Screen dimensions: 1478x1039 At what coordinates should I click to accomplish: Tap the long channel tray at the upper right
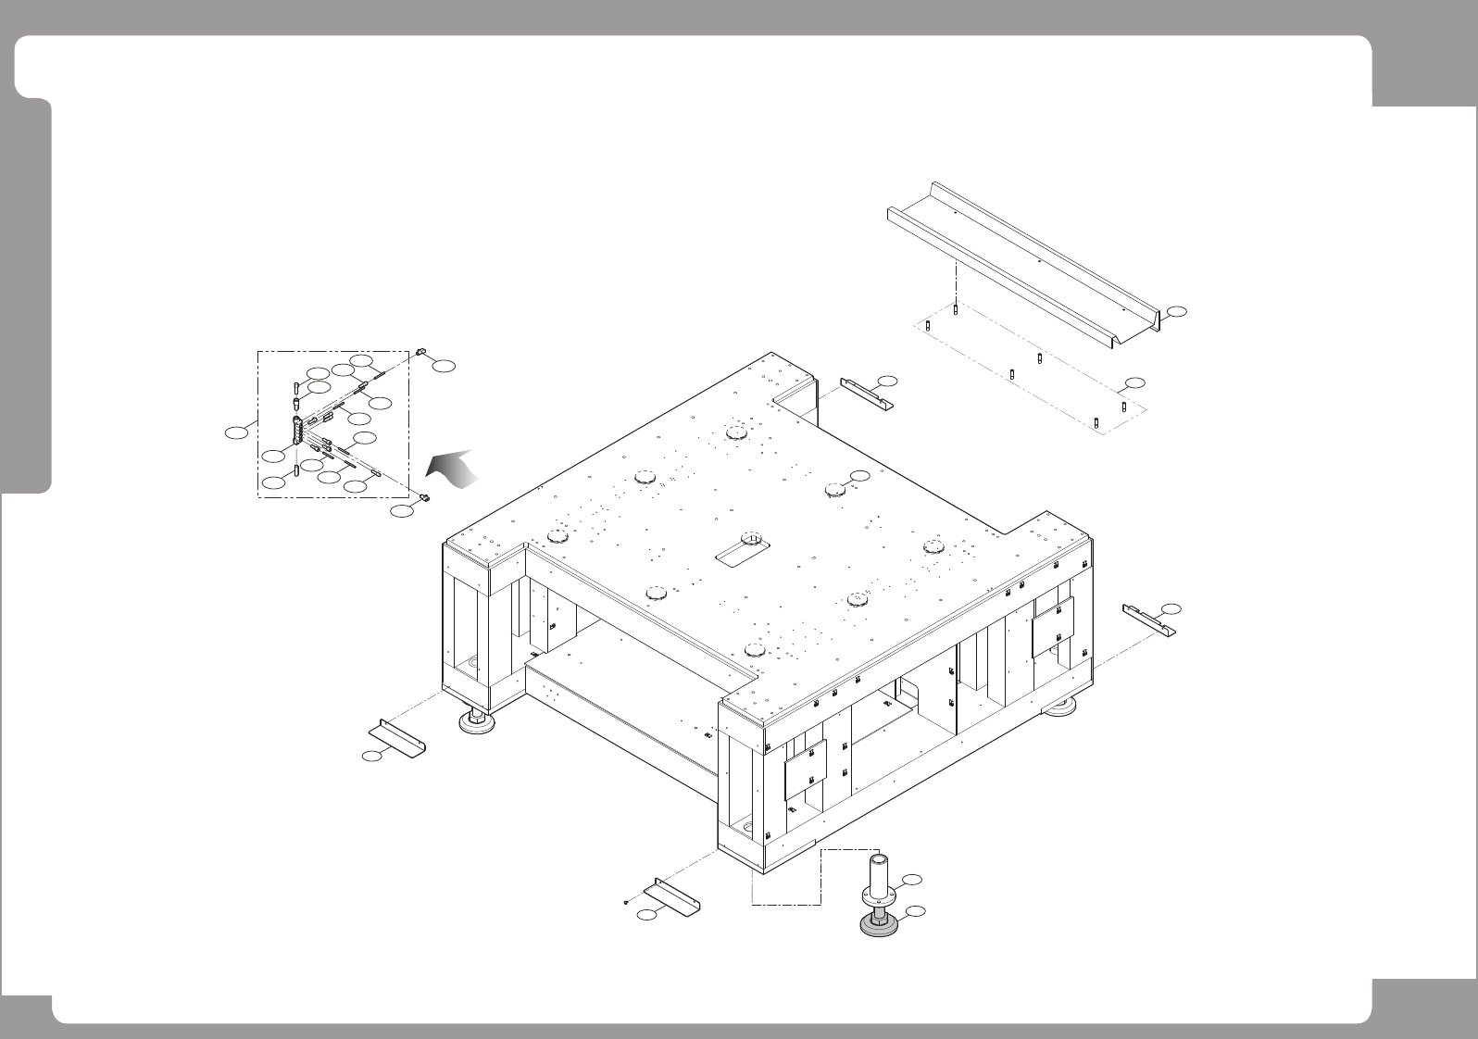(1023, 264)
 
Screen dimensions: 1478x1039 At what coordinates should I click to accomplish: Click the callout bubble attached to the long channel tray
(1176, 311)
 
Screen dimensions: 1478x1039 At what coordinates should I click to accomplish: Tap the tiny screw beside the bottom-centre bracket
(627, 899)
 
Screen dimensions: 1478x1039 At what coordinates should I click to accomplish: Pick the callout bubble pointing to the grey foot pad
(915, 913)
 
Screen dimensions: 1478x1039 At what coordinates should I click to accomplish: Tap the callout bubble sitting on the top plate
(861, 475)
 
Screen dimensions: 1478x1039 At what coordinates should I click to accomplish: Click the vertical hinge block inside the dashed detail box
(297, 432)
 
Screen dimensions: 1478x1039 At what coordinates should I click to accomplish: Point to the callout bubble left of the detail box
(240, 432)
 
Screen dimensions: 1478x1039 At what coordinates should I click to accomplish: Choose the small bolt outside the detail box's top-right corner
(421, 352)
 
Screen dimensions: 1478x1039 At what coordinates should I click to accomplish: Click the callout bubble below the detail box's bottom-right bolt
(402, 511)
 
